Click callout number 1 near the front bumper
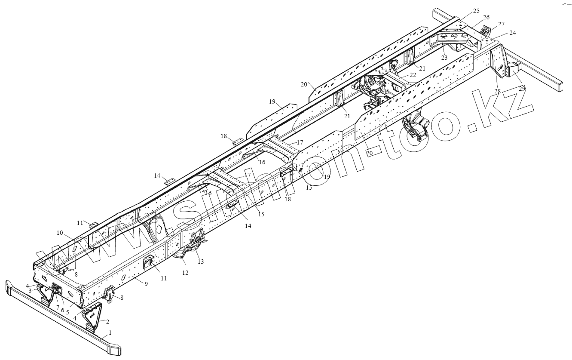coord(110,332)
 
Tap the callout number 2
coord(107,321)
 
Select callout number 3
coord(30,291)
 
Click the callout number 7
coord(58,308)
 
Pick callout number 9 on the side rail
coord(147,284)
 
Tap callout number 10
coord(60,233)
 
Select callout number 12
coord(185,273)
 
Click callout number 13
coord(200,261)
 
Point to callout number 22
coord(413,75)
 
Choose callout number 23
coord(444,57)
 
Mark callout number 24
coord(513,33)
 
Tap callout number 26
coord(486,17)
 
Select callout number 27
coord(501,24)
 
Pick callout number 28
coord(497,91)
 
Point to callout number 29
coord(522,88)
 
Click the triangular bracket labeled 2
coord(92,316)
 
